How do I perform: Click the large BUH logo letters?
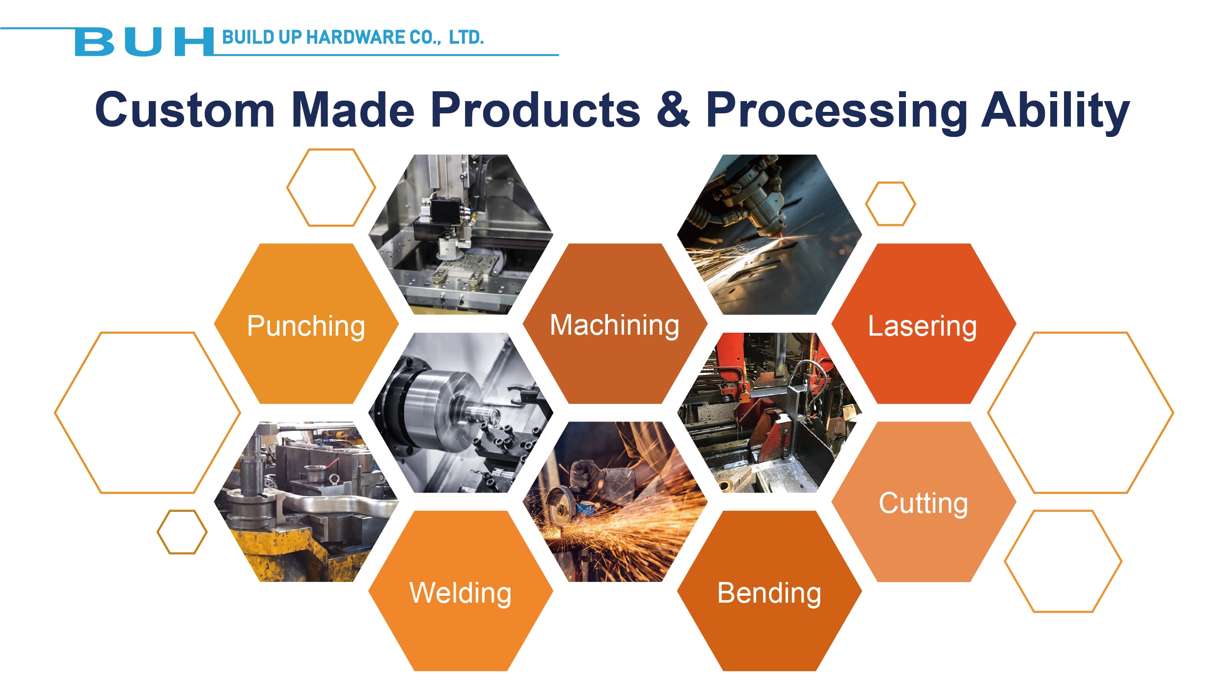(144, 42)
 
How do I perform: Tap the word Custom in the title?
(185, 110)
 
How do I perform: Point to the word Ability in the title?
(1055, 112)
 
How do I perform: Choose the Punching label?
(306, 326)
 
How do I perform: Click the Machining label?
(615, 325)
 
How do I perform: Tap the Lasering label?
(923, 326)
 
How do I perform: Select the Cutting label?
(923, 503)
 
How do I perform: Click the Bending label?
(769, 593)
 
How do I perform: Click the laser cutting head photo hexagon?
(769, 235)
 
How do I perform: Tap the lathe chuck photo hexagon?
(461, 413)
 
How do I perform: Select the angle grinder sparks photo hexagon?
(615, 502)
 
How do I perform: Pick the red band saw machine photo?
(769, 413)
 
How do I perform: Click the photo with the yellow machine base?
(306, 502)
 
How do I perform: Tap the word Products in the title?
(536, 110)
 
